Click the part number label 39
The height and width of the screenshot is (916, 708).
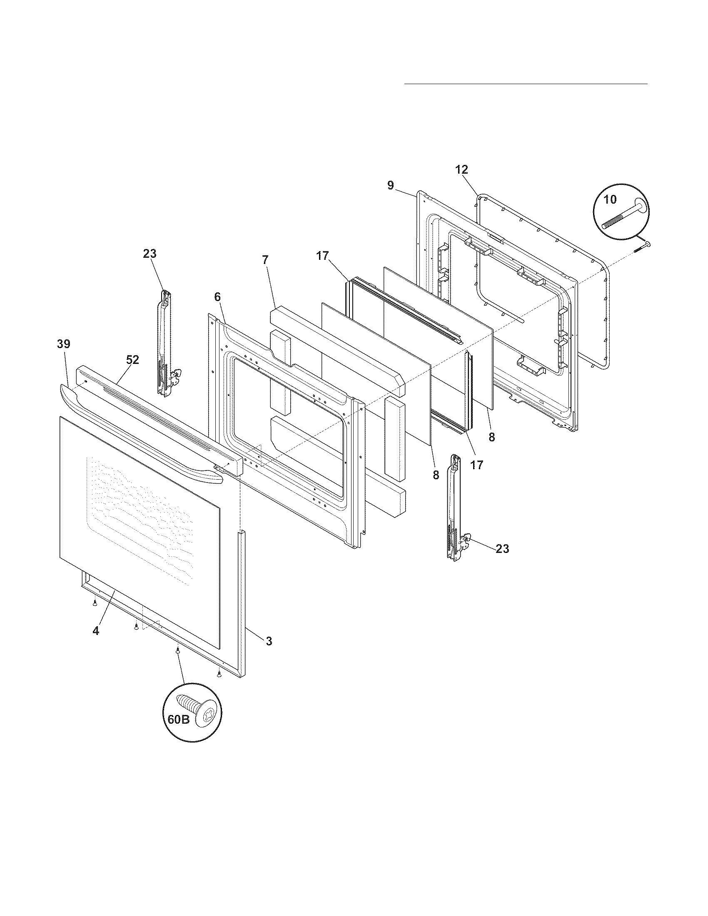(x=64, y=344)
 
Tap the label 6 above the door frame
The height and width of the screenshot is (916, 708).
(x=217, y=297)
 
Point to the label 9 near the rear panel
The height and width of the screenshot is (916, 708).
(x=390, y=185)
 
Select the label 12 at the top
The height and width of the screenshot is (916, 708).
(x=461, y=170)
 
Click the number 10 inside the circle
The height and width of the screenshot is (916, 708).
(x=610, y=199)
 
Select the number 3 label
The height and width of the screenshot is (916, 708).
(x=269, y=641)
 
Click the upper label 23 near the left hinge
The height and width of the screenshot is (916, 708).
(x=150, y=254)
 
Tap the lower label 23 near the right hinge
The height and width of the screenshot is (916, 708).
(x=502, y=548)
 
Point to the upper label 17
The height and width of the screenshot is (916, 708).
(x=322, y=256)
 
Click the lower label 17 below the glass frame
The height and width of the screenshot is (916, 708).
(x=477, y=465)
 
